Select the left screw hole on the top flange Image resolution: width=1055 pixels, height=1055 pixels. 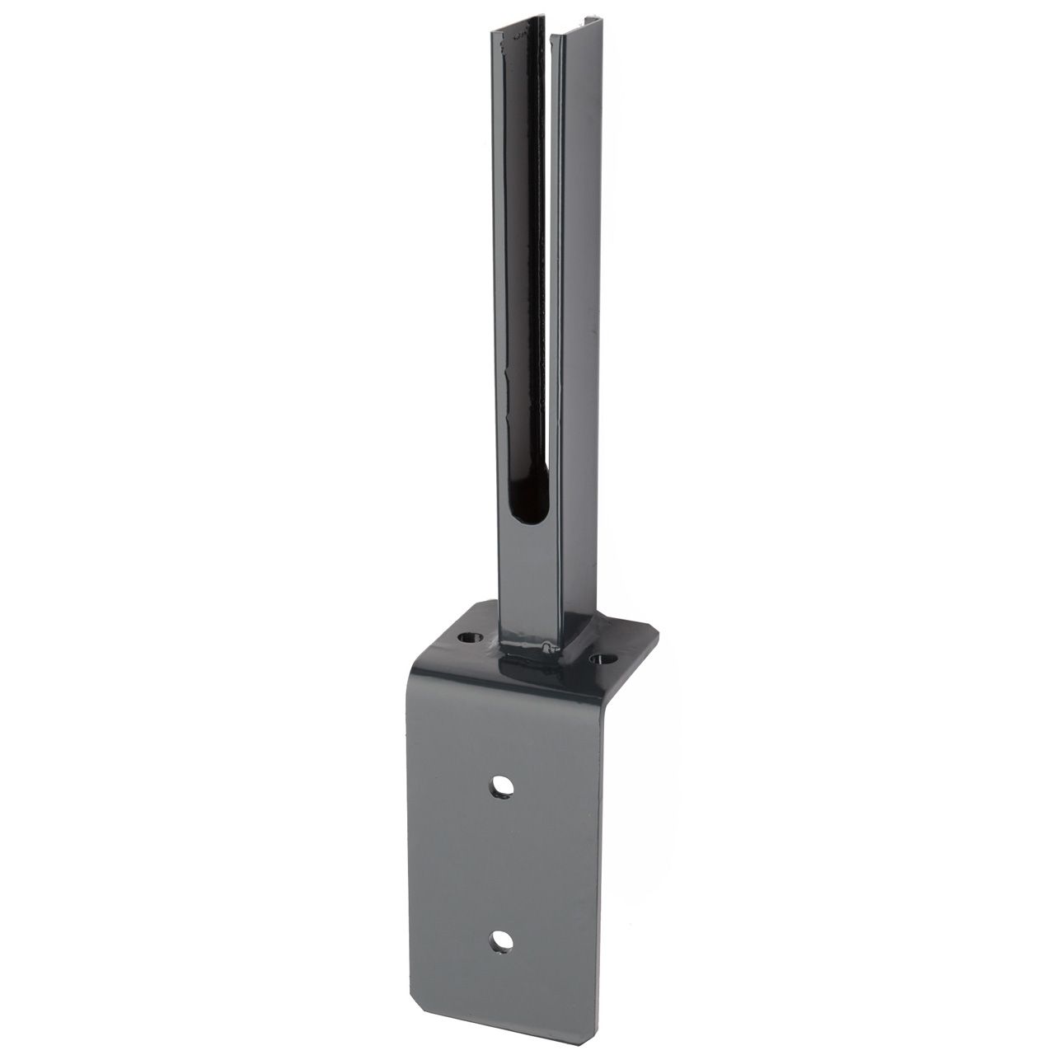(471, 638)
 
